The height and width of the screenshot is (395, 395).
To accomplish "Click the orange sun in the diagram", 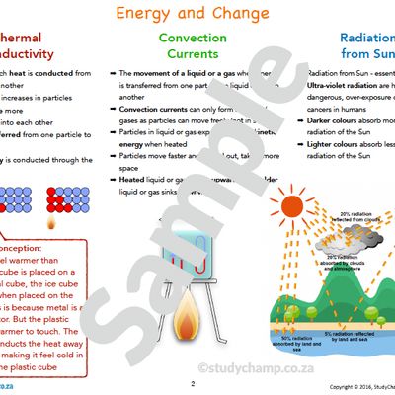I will coord(293,206).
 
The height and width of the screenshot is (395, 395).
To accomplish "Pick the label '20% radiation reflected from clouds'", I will coord(341,217).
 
